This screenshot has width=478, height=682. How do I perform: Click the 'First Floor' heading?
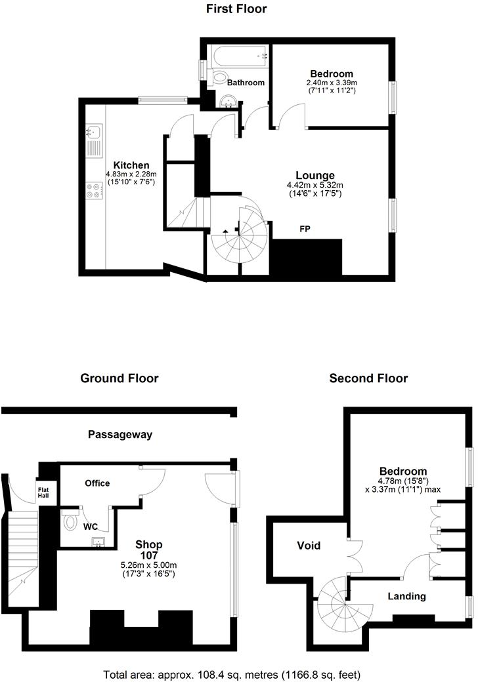[x=236, y=9]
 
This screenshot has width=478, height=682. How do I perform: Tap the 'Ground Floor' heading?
[x=119, y=378]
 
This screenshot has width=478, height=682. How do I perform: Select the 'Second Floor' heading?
[x=368, y=378]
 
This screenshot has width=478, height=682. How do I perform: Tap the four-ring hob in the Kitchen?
[x=93, y=190]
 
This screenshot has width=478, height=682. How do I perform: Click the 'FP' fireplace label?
[x=305, y=229]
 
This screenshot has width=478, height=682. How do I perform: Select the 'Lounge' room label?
[x=315, y=176]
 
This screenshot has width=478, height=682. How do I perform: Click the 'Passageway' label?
[x=120, y=434]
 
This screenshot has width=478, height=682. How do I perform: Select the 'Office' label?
[x=97, y=483]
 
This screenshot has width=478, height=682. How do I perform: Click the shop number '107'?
[x=149, y=555]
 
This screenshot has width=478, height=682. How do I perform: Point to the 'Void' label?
[x=309, y=545]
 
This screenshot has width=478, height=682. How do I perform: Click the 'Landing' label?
[x=406, y=596]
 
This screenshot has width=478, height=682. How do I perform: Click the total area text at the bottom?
[x=232, y=674]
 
